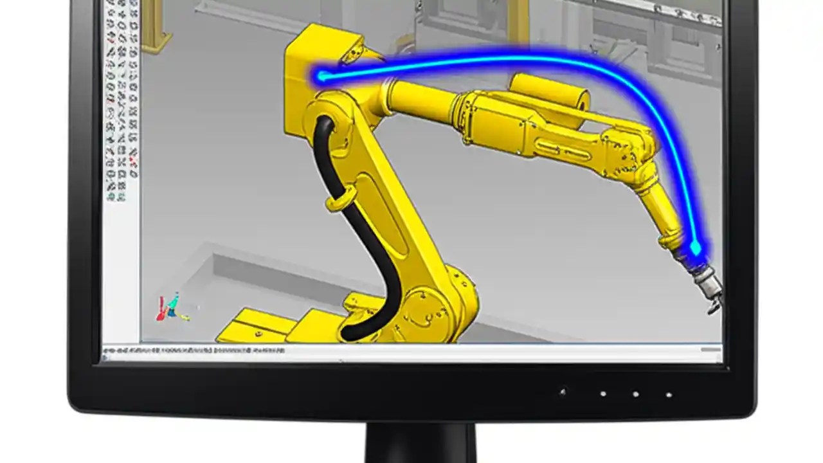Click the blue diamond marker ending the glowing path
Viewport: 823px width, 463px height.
695,248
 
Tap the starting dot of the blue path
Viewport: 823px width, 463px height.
321,77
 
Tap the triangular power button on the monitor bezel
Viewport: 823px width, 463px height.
563,391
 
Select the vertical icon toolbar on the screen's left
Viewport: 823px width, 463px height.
121,96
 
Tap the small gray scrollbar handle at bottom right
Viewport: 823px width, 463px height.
710,350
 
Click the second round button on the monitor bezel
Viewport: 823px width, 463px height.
635,394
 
